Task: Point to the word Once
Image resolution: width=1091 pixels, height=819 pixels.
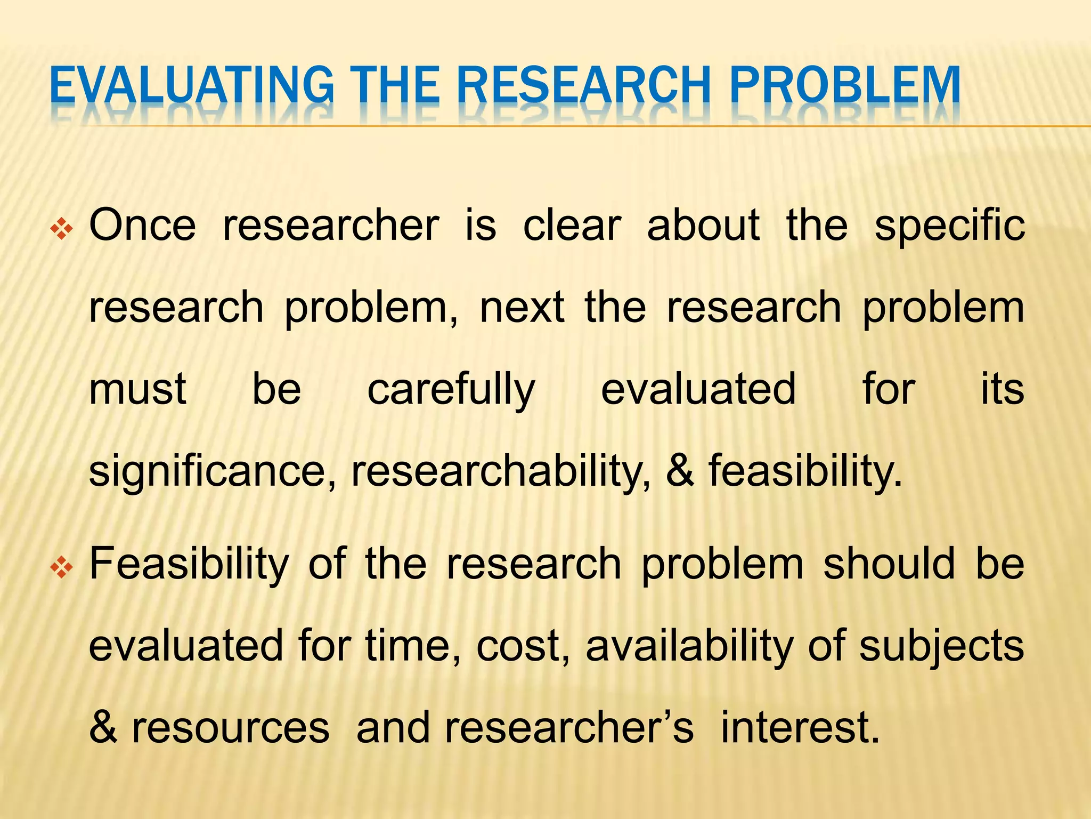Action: pos(142,226)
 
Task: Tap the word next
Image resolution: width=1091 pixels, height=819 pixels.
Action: pos(522,308)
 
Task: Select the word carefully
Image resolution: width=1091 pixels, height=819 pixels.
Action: pos(451,390)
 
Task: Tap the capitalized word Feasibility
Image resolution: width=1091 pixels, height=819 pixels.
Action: pos(189,565)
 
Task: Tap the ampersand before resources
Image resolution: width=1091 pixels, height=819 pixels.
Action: pos(103,728)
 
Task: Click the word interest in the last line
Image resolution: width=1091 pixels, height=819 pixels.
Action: pos(800,728)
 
